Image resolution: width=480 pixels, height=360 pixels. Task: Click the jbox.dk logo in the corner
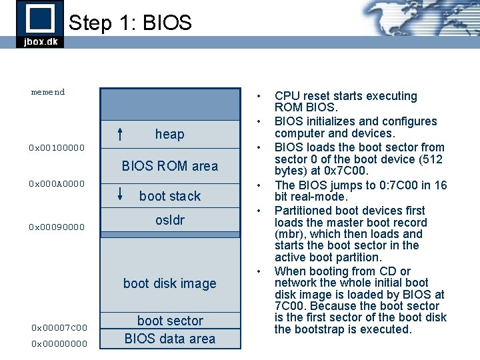tap(40, 24)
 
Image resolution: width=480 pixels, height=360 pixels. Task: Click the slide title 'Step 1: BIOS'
tap(130, 23)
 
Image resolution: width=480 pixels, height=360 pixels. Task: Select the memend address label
tap(48, 92)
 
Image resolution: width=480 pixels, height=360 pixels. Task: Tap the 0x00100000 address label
tap(57, 147)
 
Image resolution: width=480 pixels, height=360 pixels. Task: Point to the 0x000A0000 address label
tap(57, 183)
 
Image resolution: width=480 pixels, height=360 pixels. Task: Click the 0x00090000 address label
tap(57, 227)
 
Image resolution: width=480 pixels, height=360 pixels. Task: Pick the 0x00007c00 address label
tap(59, 327)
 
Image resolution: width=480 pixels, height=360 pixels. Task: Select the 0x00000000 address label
tap(59, 344)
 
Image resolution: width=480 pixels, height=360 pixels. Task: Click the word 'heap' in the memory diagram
tap(169, 134)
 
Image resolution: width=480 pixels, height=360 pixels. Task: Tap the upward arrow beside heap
tap(119, 134)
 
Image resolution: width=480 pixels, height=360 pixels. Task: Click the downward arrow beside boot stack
tap(119, 195)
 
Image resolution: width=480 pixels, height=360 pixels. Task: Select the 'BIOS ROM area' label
tap(169, 166)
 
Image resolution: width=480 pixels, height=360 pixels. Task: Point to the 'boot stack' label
tap(169, 196)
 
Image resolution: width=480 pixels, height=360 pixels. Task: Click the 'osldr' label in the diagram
tap(169, 220)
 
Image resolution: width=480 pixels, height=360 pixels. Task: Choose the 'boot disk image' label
tap(169, 283)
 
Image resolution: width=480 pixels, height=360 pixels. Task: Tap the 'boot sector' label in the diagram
tap(169, 321)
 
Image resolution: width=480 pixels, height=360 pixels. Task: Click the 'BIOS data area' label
tap(169, 339)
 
